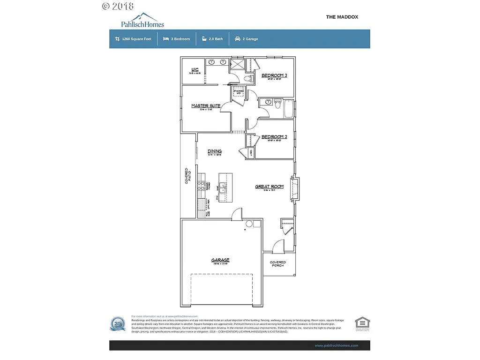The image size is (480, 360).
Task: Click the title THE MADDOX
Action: click(342, 17)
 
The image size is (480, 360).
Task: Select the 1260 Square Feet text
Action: click(136, 39)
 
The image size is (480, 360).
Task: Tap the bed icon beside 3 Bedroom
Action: click(166, 39)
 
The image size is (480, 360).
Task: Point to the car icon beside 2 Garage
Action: click(238, 39)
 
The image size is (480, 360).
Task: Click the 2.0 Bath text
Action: click(216, 39)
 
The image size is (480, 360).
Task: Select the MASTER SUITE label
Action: click(206, 106)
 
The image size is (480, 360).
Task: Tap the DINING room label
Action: click(215, 151)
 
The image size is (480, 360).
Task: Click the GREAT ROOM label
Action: click(269, 187)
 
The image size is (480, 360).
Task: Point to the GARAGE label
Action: click(220, 260)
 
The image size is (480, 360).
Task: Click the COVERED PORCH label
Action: click(278, 264)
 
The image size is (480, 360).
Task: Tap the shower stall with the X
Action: click(238, 64)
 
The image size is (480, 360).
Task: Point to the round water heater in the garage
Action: click(249, 224)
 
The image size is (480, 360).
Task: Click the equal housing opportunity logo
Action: click(362, 323)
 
